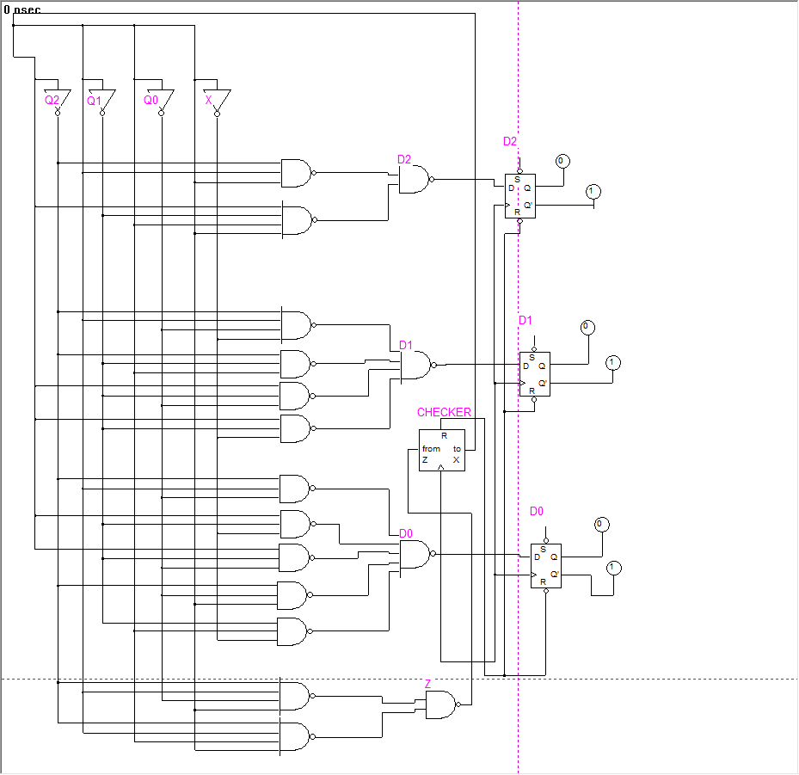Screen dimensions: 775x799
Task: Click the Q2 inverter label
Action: point(52,101)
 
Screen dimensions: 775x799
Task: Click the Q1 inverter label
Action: point(94,101)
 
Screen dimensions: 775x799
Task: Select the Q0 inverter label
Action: point(151,101)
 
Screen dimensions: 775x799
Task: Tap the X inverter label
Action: point(208,101)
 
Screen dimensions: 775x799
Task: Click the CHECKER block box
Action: point(441,449)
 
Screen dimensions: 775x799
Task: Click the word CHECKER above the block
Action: point(444,412)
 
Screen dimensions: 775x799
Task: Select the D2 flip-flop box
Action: point(520,196)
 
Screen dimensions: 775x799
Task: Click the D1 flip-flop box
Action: point(534,374)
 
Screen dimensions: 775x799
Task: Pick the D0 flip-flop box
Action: point(545,566)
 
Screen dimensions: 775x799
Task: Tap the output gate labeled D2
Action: point(414,180)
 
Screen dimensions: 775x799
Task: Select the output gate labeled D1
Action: point(416,366)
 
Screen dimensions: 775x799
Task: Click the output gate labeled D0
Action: point(415,555)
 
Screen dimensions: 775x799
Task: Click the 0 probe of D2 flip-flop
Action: point(562,161)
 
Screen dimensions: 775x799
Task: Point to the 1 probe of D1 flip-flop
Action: point(612,362)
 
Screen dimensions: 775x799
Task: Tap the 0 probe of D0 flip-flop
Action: point(601,524)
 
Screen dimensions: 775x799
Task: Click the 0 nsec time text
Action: point(22,9)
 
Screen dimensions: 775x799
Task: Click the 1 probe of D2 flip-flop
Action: point(593,191)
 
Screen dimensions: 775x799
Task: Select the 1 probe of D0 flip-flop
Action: point(613,567)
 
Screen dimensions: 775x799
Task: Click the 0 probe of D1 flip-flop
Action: point(587,327)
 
